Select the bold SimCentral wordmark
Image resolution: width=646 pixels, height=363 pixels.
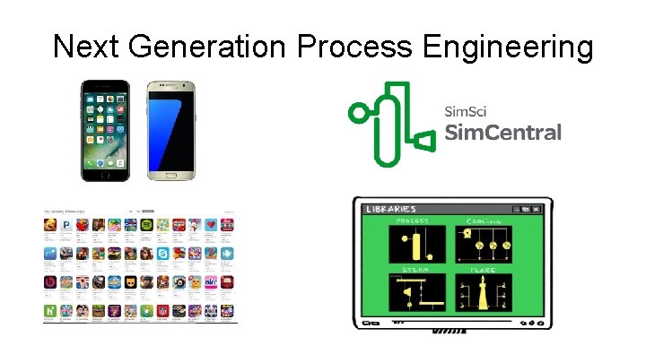(x=502, y=133)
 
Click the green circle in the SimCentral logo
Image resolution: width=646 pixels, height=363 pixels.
(x=359, y=113)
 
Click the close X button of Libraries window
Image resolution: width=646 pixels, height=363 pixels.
(x=537, y=210)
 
